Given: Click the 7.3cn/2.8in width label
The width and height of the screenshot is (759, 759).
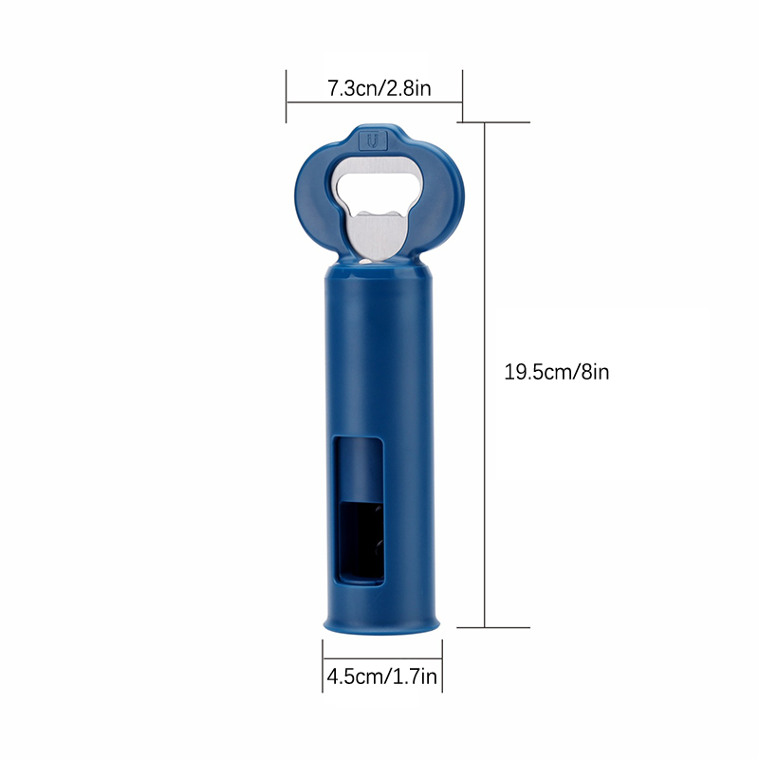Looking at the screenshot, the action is click(379, 88).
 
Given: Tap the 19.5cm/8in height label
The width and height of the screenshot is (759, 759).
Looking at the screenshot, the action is click(556, 372).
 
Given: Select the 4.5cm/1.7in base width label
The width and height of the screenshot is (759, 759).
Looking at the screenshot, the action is click(382, 676).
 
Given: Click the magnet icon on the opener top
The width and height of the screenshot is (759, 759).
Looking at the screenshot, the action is click(373, 140).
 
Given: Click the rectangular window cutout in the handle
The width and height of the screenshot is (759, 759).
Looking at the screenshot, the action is click(360, 510).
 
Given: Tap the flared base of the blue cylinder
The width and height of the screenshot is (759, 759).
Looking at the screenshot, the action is click(381, 623).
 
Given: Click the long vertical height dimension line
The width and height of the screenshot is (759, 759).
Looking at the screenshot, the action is click(485, 375).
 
